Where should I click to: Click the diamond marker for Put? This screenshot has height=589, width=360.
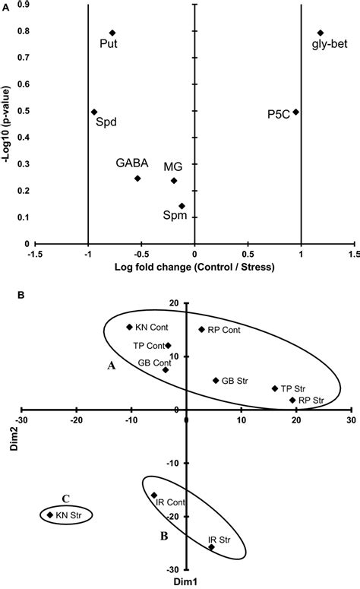tap(112, 33)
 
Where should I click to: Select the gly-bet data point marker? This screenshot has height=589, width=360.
tap(321, 33)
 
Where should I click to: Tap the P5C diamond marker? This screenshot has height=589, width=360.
tap(296, 112)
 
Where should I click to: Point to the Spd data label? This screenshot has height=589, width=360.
tap(106, 123)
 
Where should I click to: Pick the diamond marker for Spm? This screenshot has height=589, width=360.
tap(182, 206)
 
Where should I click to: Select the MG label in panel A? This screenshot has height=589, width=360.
tap(172, 166)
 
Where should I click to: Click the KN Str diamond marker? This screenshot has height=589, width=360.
tap(50, 515)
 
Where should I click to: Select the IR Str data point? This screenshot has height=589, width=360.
tap(211, 547)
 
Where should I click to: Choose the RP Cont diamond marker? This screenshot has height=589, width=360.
tap(201, 329)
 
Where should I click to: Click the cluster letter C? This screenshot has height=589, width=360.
tap(65, 499)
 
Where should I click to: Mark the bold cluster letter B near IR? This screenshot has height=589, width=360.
tap(163, 535)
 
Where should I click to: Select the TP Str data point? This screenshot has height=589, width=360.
tap(275, 388)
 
